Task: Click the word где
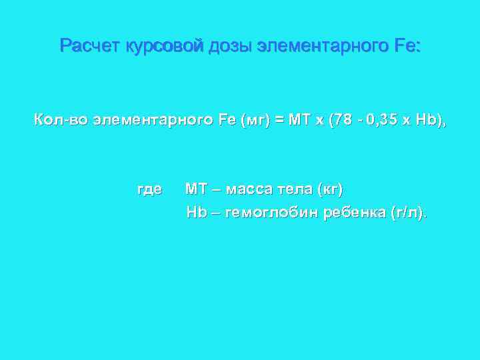pos(149,189)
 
